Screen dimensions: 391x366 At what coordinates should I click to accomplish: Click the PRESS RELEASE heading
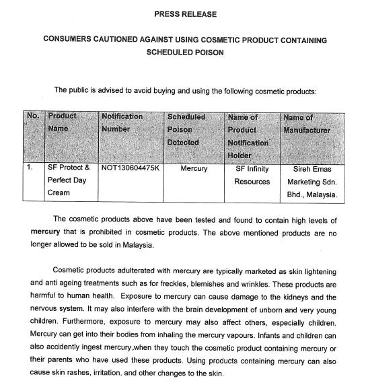click(184, 13)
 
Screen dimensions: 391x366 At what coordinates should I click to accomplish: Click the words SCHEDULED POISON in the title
click(184, 52)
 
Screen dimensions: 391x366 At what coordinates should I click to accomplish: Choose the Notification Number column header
click(122, 122)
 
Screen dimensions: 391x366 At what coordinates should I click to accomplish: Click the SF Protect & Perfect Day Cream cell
click(69, 180)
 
